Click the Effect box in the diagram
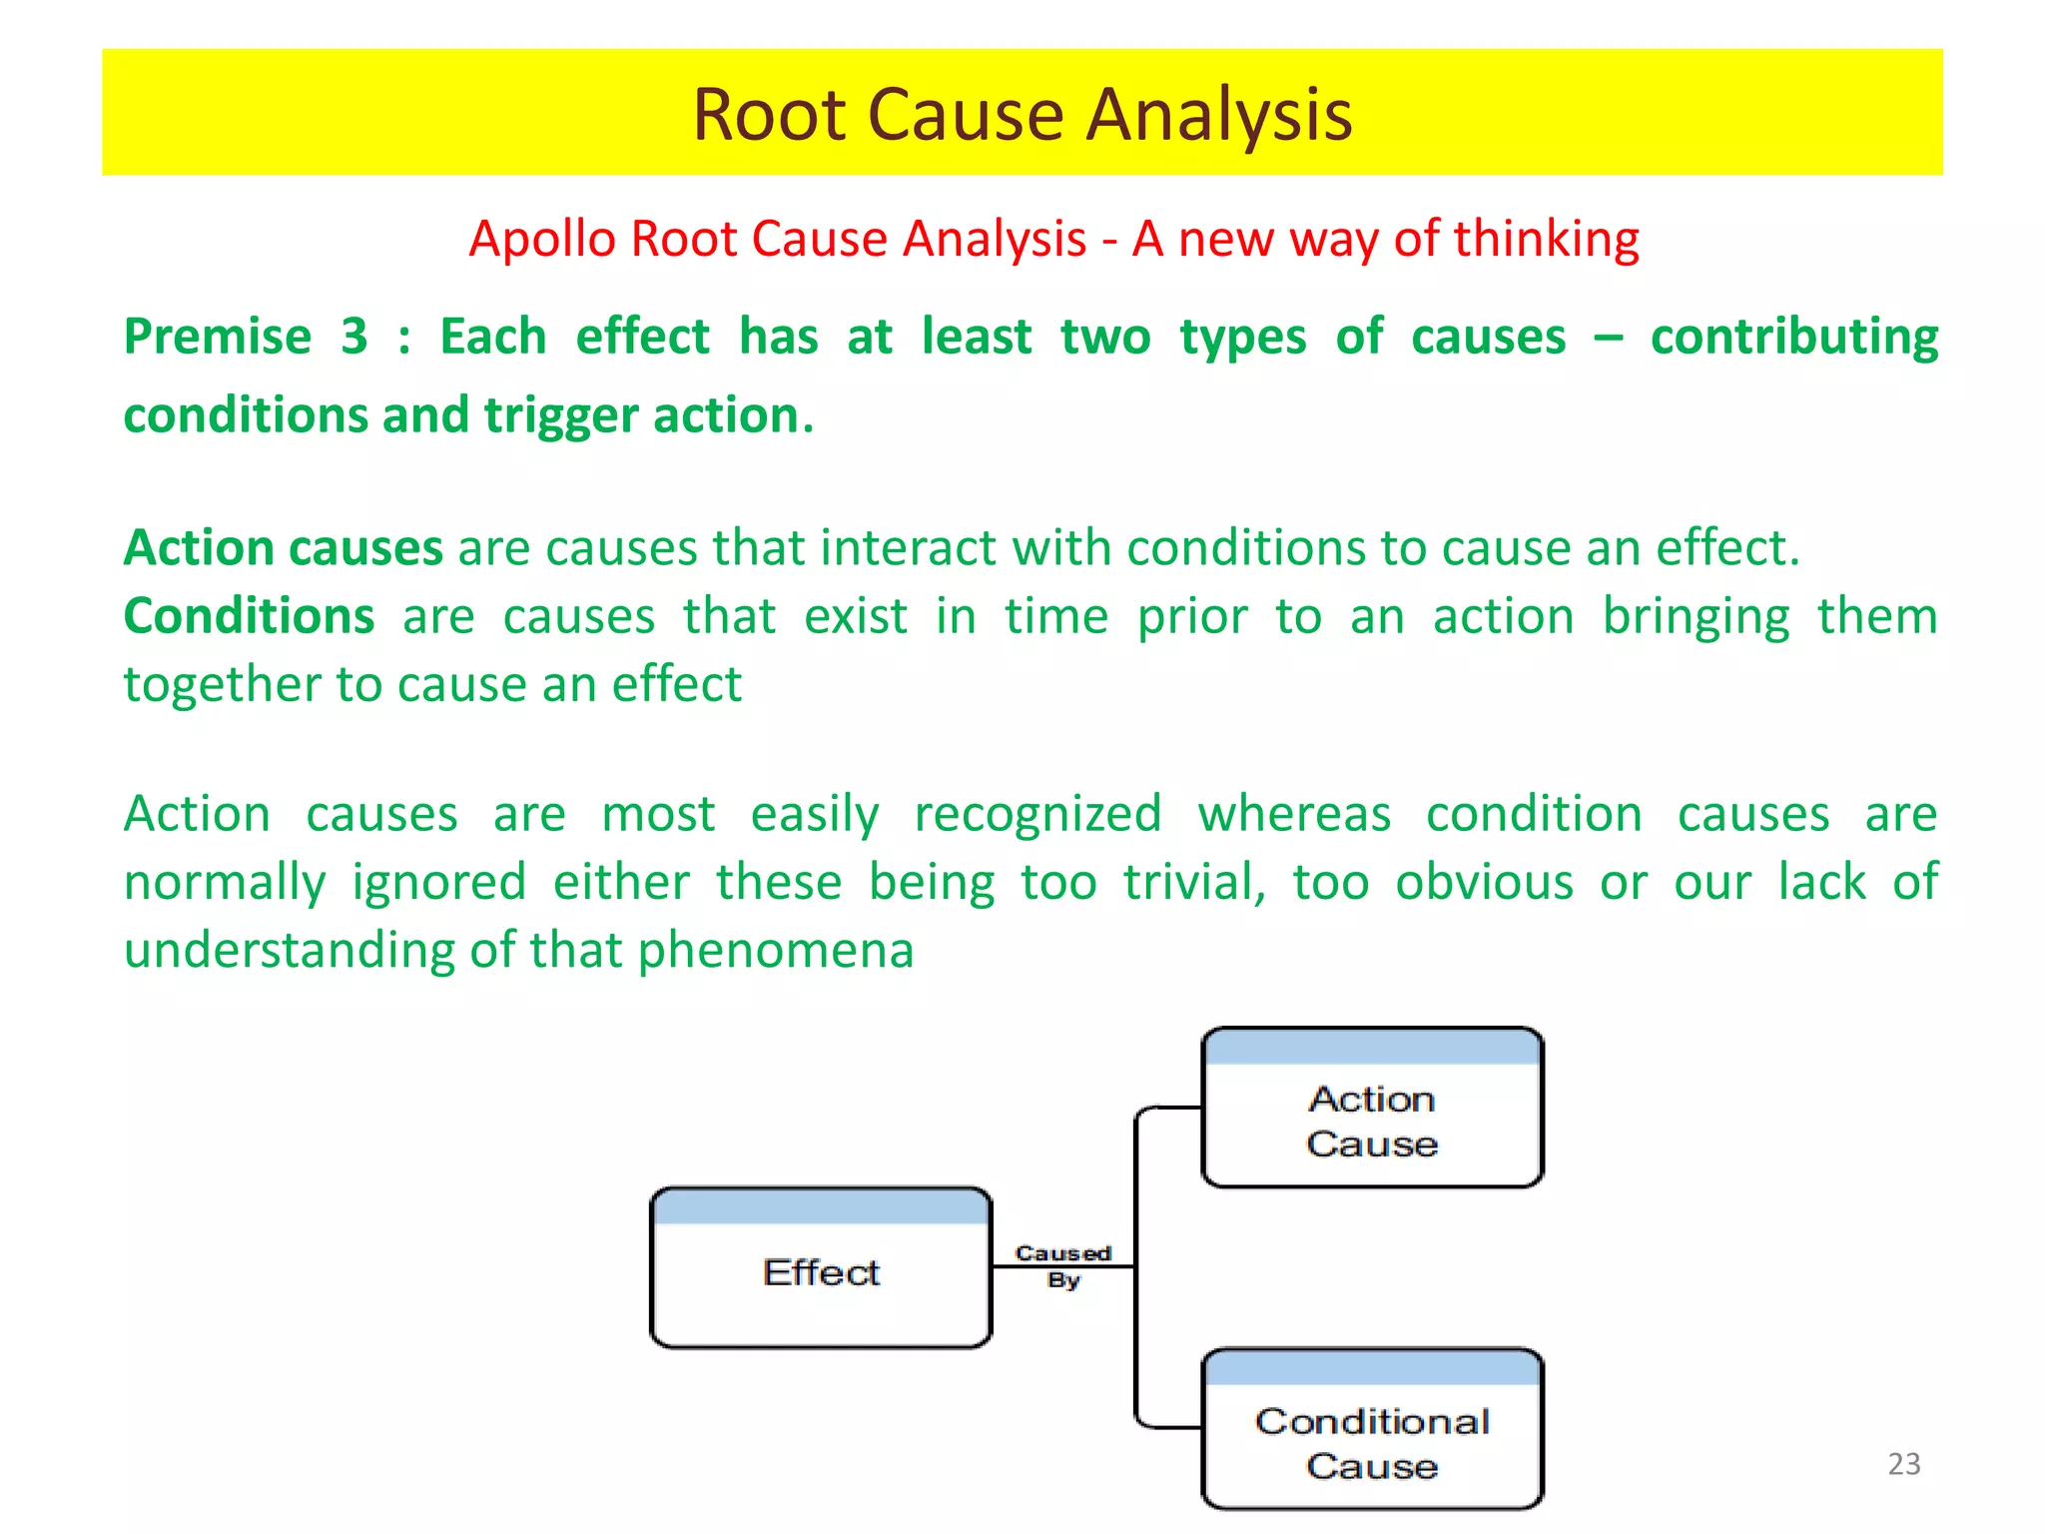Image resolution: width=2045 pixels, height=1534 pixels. coord(821,1270)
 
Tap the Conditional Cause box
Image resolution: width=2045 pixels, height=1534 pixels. coord(1372,1431)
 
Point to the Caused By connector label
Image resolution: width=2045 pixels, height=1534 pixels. coord(1063,1266)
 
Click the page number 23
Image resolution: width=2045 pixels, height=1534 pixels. coord(1904,1464)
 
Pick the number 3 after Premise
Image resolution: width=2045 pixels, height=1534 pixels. coord(353,337)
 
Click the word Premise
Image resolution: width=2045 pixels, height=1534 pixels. coord(218,337)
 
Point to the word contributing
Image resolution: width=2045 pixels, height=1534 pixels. coord(1793,337)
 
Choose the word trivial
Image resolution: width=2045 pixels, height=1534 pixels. coord(1194,882)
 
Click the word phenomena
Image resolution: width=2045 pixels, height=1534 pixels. coord(776,950)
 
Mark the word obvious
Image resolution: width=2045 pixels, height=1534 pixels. coord(1484,882)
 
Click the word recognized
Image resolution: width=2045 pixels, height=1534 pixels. coord(1037,814)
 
